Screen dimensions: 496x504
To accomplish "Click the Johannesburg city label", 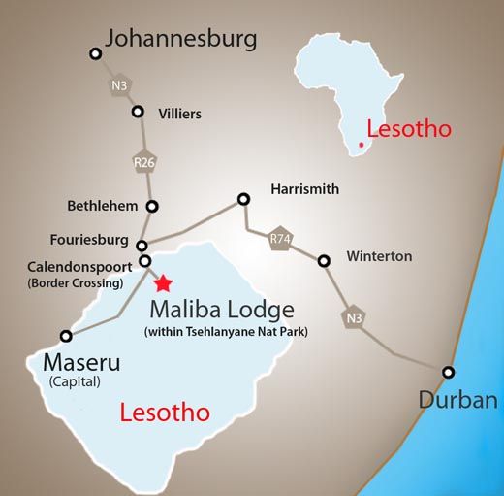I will click(180, 39).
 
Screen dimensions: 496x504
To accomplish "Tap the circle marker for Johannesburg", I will click(94, 55).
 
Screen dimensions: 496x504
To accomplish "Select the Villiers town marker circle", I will click(138, 112).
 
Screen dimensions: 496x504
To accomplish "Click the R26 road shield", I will click(142, 162).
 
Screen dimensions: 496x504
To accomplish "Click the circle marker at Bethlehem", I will click(152, 206).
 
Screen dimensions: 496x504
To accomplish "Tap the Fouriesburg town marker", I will click(142, 246).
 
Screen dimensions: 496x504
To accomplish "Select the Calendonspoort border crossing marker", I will click(145, 260).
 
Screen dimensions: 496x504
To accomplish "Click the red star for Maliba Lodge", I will click(163, 282).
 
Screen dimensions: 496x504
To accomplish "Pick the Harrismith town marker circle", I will click(243, 199).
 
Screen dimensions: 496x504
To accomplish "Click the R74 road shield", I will click(280, 238).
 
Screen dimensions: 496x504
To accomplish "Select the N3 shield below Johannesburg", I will click(118, 86).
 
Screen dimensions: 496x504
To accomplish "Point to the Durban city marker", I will click(448, 372).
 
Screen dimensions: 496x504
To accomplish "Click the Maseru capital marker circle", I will click(66, 336).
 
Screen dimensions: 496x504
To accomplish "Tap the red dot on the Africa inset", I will click(360, 144).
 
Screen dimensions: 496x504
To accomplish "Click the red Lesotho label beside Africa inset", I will click(408, 128).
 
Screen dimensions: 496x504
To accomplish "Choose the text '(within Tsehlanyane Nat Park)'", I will click(220, 333).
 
